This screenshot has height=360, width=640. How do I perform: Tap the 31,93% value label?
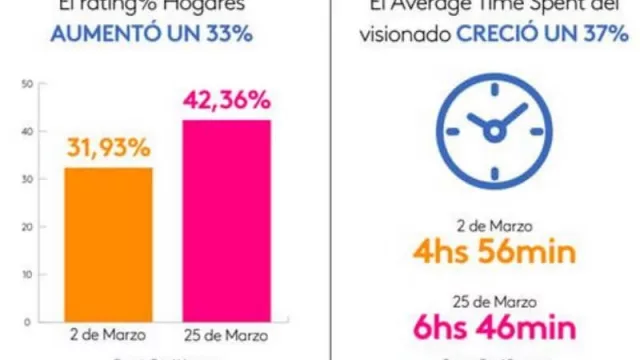click(108, 149)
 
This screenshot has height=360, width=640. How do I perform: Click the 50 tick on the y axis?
click(25, 84)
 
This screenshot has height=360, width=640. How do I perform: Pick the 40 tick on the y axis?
click(25, 131)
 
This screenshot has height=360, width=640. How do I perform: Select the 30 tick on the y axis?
click(25, 179)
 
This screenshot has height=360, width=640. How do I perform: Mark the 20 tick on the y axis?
click(25, 226)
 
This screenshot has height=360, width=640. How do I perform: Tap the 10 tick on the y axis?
click(25, 273)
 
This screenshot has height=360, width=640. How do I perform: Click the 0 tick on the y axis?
click(27, 320)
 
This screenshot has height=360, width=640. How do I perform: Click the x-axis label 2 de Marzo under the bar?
click(108, 333)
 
